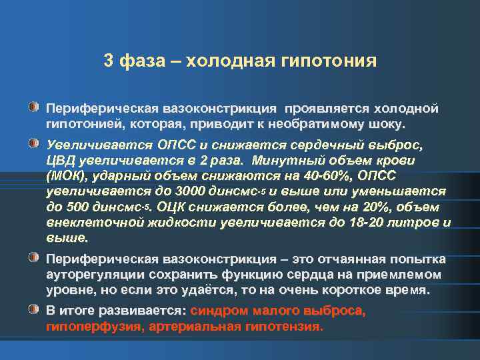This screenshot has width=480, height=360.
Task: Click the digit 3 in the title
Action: (109, 61)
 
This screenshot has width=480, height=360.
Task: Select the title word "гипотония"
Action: (337, 61)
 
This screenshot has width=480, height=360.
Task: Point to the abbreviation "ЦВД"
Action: (61, 161)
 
